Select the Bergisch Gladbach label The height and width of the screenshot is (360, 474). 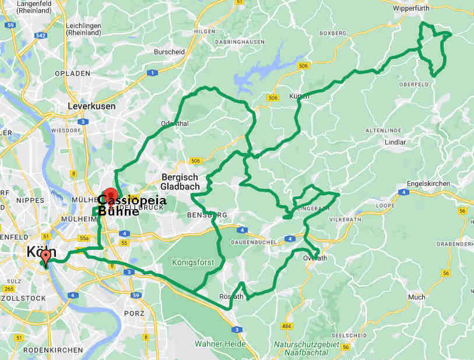180,182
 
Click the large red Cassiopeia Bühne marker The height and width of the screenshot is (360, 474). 110,195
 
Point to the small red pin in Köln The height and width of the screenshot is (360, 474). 45,256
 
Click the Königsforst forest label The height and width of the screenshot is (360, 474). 193,263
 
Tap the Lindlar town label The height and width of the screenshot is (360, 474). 395,142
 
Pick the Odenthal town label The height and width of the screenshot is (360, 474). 175,123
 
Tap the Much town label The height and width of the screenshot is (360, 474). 417,297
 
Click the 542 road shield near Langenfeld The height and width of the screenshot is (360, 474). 40,36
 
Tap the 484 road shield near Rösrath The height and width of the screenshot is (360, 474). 286,326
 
